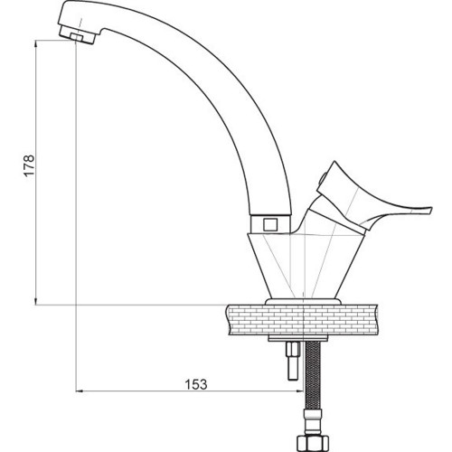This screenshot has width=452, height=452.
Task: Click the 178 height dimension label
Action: pyautogui.click(x=30, y=165)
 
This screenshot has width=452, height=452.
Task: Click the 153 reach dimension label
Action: pyautogui.click(x=196, y=384)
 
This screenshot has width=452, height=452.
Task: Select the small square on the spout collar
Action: pyautogui.click(x=269, y=224)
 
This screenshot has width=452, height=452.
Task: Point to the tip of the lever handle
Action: pyautogui.click(x=432, y=210)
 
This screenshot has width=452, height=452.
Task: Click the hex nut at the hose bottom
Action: pyautogui.click(x=312, y=443)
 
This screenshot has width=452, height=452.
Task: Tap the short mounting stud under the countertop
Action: pyautogui.click(x=293, y=361)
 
